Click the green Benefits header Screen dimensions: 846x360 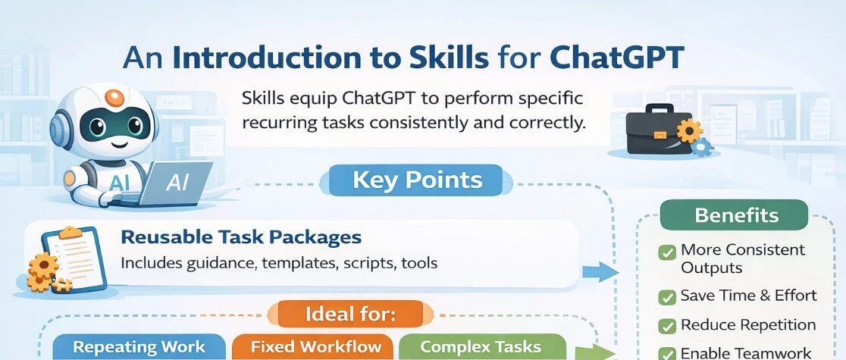tap(737, 214)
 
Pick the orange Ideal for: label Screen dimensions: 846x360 tap(351, 314)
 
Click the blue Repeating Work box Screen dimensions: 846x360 tap(139, 346)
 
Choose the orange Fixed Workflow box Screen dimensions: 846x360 tap(315, 346)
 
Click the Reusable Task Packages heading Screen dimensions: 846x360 tap(241, 237)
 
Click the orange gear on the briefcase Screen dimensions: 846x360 tap(689, 130)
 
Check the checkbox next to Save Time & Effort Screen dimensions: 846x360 tap(668, 296)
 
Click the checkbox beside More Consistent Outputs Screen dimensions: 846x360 tap(668, 252)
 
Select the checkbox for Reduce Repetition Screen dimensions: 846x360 tap(668, 326)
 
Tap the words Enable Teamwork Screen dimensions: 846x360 tap(746, 353)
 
